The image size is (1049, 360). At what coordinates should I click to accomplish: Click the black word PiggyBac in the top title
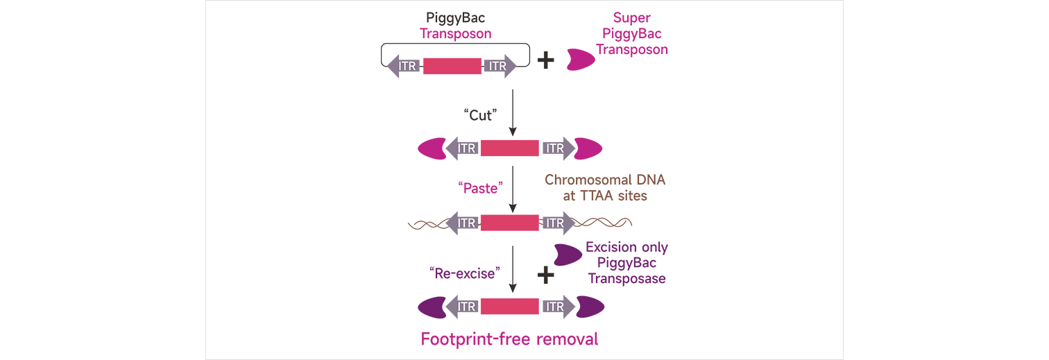(455, 18)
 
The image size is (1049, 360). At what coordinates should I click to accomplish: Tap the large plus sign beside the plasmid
(546, 60)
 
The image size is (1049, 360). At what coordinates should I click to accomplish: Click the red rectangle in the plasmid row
(452, 66)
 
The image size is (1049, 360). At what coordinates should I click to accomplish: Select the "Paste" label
(479, 187)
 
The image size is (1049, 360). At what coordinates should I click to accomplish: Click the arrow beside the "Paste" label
(513, 188)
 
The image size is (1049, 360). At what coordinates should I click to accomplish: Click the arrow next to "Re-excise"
(513, 270)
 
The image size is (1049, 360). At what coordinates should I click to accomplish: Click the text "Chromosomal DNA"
(604, 180)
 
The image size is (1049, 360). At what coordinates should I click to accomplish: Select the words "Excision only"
(626, 248)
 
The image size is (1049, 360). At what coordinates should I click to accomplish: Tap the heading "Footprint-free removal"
(509, 339)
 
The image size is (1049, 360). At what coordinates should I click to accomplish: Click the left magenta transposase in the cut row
(431, 148)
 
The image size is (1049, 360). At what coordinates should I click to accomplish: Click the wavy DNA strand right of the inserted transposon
(604, 223)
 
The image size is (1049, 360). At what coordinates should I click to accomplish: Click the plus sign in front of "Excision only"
(546, 276)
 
